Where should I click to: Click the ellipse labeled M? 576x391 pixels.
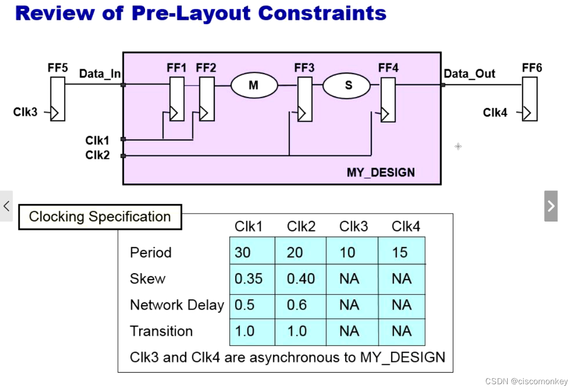(x=253, y=85)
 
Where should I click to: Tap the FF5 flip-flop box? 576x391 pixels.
(x=58, y=99)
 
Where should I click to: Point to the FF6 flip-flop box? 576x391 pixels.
(x=530, y=99)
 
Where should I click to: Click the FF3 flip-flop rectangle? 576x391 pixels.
(x=305, y=99)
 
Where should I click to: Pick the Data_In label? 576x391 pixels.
(x=100, y=74)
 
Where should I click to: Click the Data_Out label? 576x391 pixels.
(x=469, y=74)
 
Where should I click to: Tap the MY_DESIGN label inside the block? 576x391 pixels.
(x=381, y=173)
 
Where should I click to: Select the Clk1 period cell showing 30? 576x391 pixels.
(x=252, y=252)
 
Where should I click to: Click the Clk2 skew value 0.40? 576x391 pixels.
(x=301, y=279)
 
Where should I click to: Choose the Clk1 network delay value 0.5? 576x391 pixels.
(x=252, y=305)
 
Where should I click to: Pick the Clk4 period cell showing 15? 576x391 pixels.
(x=401, y=252)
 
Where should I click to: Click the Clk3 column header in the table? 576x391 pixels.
(x=353, y=226)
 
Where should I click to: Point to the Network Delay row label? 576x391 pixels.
(x=177, y=305)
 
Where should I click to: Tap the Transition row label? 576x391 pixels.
(x=161, y=331)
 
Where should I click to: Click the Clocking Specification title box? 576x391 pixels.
(x=100, y=217)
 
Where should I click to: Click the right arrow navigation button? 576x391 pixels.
(x=551, y=206)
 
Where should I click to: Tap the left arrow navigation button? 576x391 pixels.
(x=6, y=206)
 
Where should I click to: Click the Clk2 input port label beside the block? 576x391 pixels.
(x=97, y=155)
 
